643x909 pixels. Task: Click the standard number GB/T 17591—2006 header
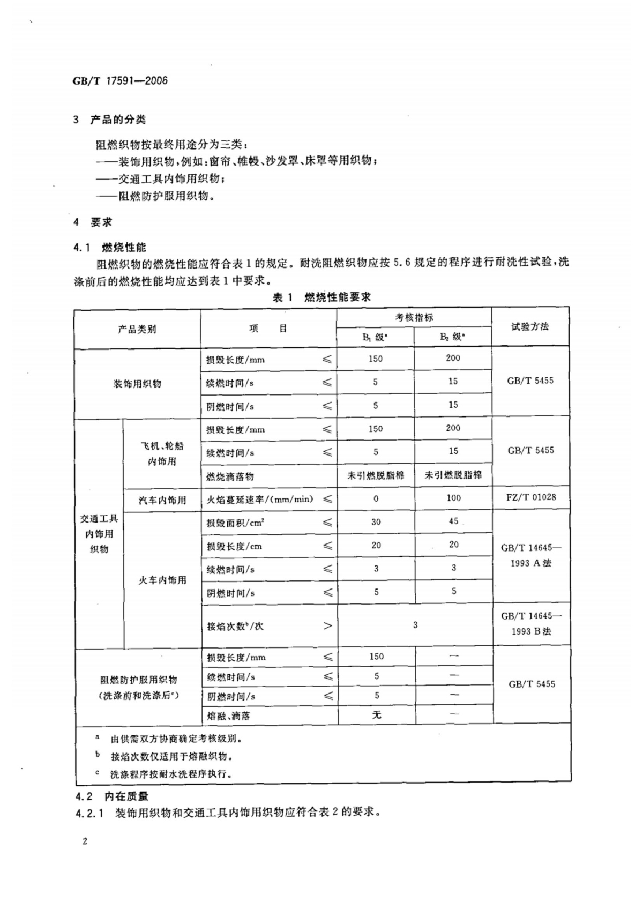(120, 81)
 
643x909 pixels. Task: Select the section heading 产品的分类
(117, 120)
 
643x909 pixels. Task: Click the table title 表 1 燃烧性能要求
(322, 297)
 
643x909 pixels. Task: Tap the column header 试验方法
(530, 326)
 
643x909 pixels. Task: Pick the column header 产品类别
(137, 329)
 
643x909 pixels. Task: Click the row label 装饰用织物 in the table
(137, 384)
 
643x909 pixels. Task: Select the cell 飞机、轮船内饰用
(162, 453)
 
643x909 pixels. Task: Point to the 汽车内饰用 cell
(162, 500)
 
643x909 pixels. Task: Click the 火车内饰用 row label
(162, 580)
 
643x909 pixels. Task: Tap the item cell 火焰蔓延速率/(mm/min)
(260, 500)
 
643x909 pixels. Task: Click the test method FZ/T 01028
(530, 497)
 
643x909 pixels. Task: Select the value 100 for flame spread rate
(453, 498)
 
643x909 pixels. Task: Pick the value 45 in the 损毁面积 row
(453, 521)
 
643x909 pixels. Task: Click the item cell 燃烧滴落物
(230, 476)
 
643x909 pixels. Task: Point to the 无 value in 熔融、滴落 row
(377, 714)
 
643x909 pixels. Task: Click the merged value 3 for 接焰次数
(415, 625)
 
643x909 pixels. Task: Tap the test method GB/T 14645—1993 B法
(530, 624)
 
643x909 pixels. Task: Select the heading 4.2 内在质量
(112, 796)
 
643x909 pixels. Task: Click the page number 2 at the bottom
(85, 841)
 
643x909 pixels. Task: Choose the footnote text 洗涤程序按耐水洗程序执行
(171, 774)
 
